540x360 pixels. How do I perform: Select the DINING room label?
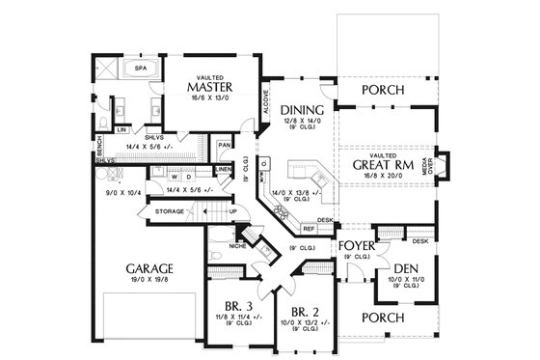tap(302, 111)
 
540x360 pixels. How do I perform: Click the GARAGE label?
tap(148, 267)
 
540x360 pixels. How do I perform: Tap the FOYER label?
tap(357, 246)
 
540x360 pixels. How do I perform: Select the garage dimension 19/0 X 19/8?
tap(148, 281)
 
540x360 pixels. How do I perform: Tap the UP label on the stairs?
tap(233, 210)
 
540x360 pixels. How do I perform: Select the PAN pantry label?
tap(224, 145)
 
